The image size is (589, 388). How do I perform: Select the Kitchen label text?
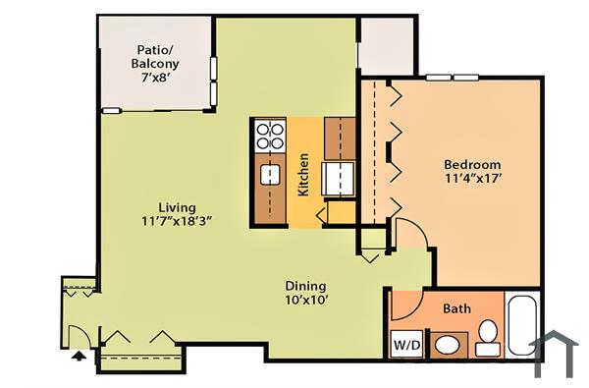[x=304, y=174]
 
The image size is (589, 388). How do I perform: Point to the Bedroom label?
[x=472, y=164]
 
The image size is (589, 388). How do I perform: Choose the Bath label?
[x=456, y=308]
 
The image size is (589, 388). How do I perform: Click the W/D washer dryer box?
[x=405, y=345]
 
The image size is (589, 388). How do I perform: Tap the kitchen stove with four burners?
[x=269, y=135]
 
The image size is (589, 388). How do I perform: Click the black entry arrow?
[x=79, y=357]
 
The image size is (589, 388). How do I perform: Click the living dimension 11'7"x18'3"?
[x=177, y=222]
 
